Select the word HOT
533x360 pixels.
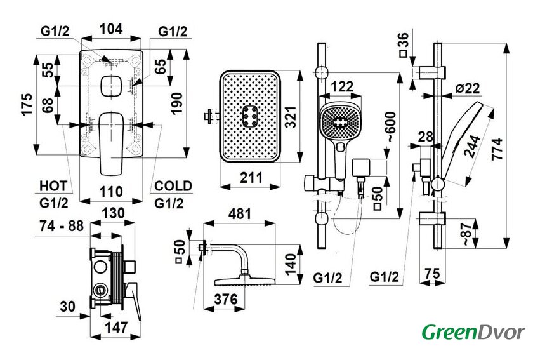click(53, 185)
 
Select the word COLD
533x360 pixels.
click(173, 185)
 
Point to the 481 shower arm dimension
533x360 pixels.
click(240, 215)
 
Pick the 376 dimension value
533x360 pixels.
click(225, 298)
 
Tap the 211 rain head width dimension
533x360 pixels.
click(252, 178)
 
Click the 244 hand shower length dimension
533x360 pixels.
click(471, 150)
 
